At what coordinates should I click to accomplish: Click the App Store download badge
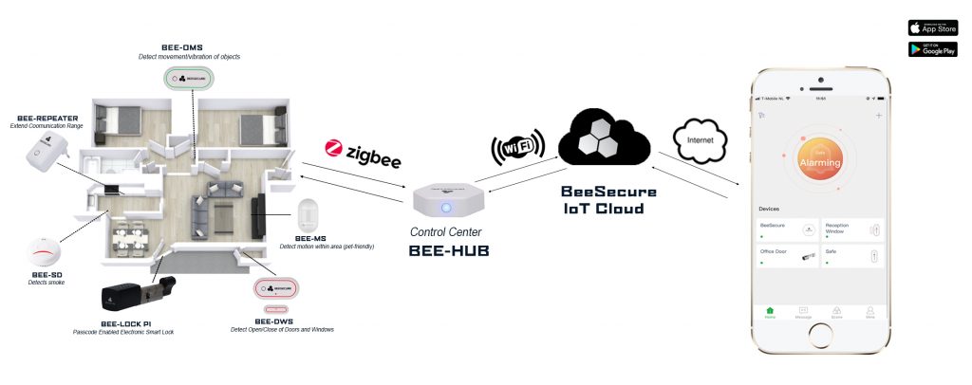pos(932,27)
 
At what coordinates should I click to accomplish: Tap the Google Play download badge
pos(932,48)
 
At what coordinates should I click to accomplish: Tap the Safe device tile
pos(852,256)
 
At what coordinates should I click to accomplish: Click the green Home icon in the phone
pos(770,310)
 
